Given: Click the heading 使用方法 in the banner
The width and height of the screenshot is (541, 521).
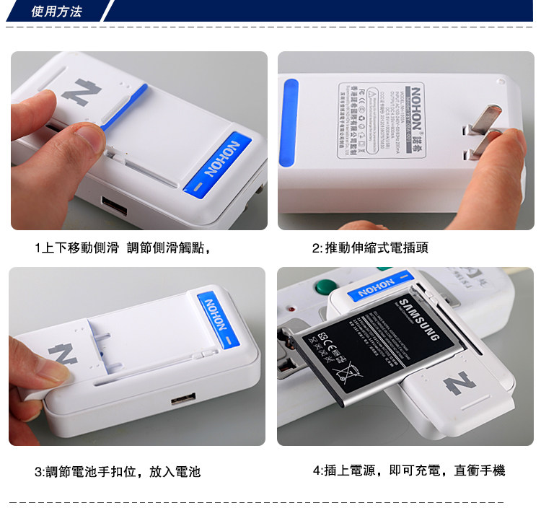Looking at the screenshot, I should click(57, 12).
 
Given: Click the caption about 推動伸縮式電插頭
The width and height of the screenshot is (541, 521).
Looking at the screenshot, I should click(370, 248).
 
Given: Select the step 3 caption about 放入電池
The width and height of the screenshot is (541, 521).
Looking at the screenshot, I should click(117, 472).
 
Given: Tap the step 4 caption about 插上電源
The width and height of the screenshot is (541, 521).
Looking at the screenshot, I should click(409, 471).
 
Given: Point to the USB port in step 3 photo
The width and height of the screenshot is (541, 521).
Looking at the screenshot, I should click(182, 399).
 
